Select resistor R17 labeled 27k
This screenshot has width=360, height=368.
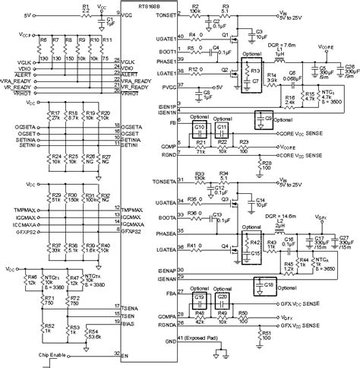point(53,119)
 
